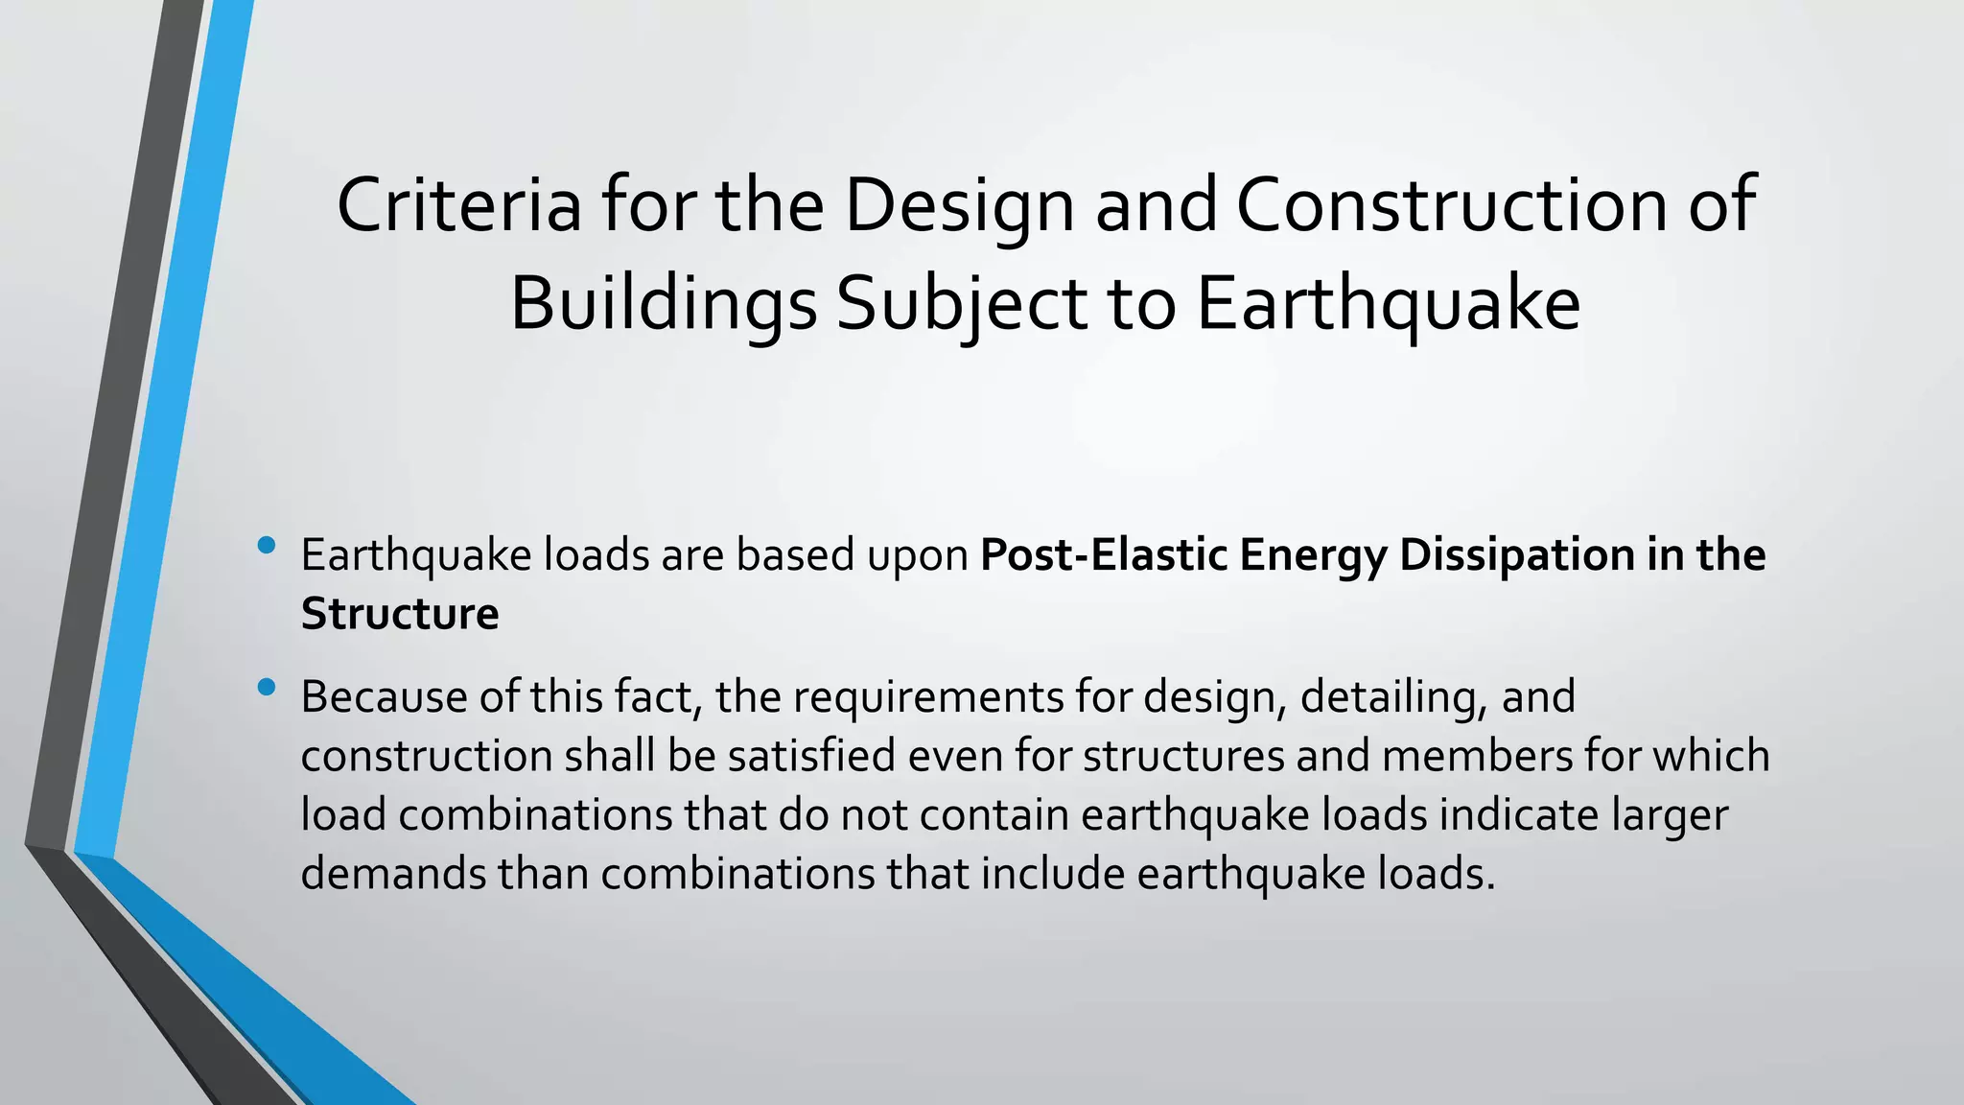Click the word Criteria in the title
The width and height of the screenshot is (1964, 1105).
pyautogui.click(x=458, y=205)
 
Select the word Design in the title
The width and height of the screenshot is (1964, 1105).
pyautogui.click(x=959, y=205)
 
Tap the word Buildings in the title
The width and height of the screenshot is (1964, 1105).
pyautogui.click(x=663, y=304)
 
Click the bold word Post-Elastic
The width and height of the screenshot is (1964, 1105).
pyautogui.click(x=1103, y=555)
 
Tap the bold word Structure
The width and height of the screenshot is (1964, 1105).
pyautogui.click(x=399, y=615)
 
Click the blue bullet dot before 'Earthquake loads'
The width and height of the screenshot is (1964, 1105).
pyautogui.click(x=267, y=547)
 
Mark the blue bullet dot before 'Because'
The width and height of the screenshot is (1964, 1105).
pyautogui.click(x=267, y=687)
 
